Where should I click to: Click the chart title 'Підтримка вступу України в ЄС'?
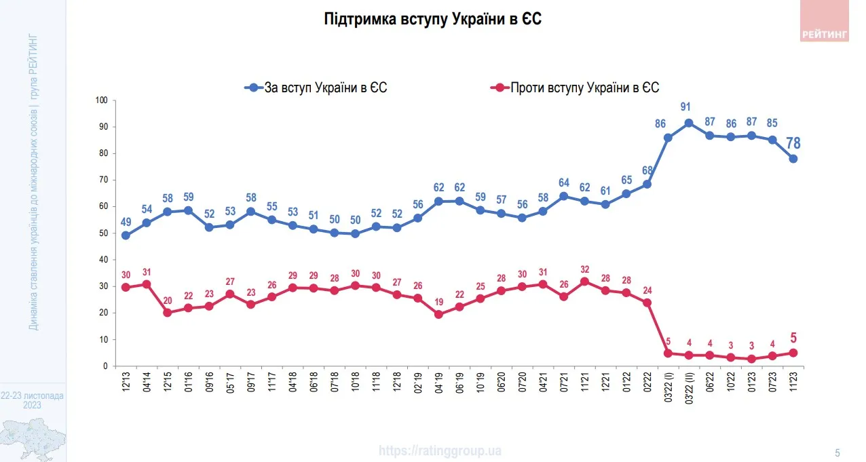pos(433,20)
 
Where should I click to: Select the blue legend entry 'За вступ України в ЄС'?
pos(316,88)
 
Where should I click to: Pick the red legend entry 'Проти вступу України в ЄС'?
pos(574,88)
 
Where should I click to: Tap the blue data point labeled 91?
pos(689,123)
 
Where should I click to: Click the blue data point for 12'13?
pos(125,235)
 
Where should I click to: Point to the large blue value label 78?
pos(793,143)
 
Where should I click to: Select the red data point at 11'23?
pos(793,353)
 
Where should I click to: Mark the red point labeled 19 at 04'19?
pos(438,314)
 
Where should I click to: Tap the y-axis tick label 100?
pos(102,100)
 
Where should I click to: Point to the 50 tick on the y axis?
pos(104,233)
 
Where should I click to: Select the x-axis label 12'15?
pos(167,383)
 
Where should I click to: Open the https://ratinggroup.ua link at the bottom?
pos(440,450)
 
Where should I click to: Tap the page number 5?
pos(837,453)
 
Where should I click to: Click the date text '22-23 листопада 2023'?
pos(33,400)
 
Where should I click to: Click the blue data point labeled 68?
pos(647,184)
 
